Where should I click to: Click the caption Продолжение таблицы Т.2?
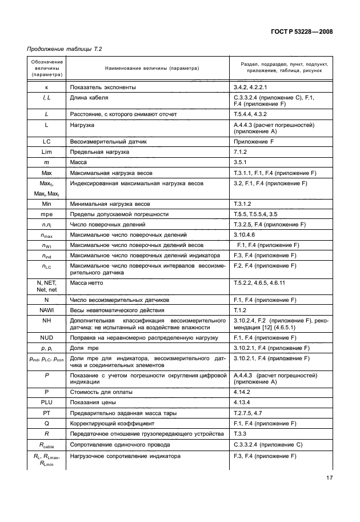(x=62, y=51)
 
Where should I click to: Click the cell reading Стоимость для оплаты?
(x=101, y=392)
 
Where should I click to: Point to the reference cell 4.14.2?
(x=243, y=392)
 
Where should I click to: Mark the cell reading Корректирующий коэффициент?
(x=113, y=424)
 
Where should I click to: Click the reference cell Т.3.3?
(x=241, y=434)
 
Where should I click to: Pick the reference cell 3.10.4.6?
(x=245, y=235)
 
